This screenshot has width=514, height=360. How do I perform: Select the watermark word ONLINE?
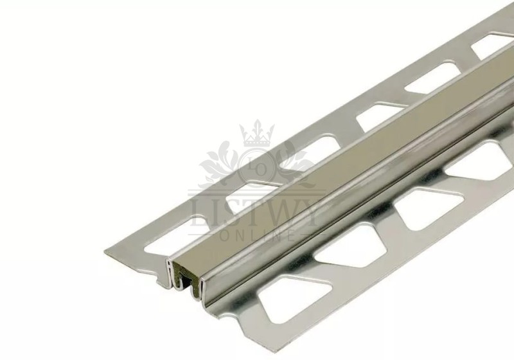tap(258, 236)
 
